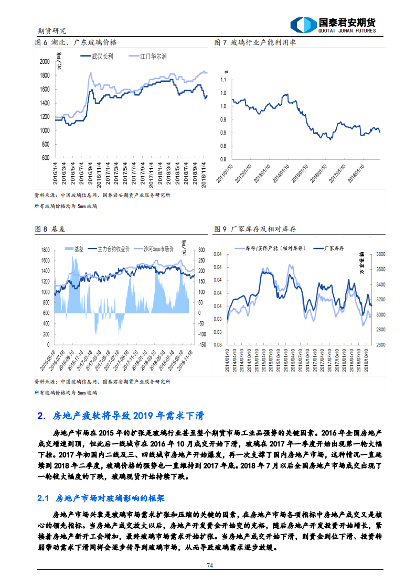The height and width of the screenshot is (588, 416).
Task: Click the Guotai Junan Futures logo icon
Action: pyautogui.click(x=304, y=25)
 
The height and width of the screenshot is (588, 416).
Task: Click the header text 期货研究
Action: pyautogui.click(x=52, y=31)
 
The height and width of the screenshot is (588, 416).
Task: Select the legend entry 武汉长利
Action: pyautogui.click(x=102, y=55)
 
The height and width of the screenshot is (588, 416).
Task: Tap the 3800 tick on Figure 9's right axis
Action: pyautogui.click(x=381, y=254)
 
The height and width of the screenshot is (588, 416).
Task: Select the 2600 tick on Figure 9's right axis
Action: pyautogui.click(x=381, y=345)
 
